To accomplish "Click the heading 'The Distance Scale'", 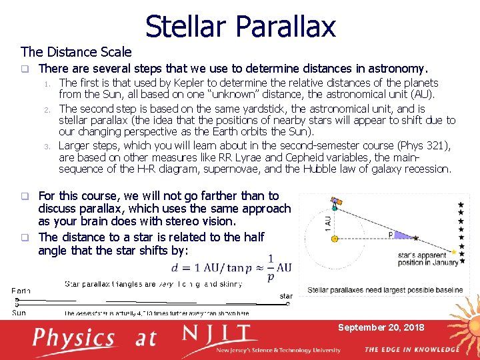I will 76,51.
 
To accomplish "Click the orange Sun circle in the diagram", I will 335,238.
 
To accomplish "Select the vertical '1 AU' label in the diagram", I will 326,222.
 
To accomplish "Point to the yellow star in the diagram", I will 454,252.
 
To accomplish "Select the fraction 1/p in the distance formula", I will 269,267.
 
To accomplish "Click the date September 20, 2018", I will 381,327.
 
